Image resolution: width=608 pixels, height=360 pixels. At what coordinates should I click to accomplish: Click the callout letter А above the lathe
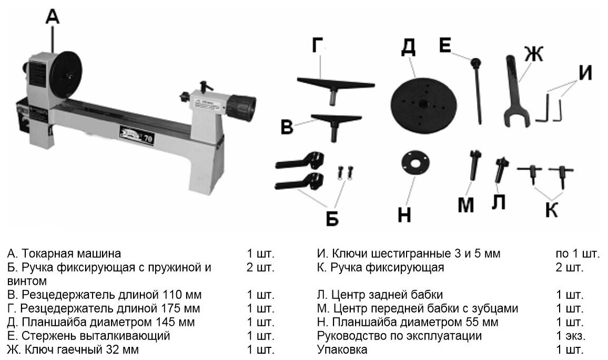pyautogui.click(x=53, y=17)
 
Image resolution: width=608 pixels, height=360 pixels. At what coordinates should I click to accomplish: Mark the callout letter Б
pyautogui.click(x=332, y=218)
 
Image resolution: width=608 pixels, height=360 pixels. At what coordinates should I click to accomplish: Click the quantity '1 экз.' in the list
pyautogui.click(x=570, y=336)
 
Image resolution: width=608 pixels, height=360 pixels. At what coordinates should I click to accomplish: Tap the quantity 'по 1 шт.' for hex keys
pyautogui.click(x=577, y=253)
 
